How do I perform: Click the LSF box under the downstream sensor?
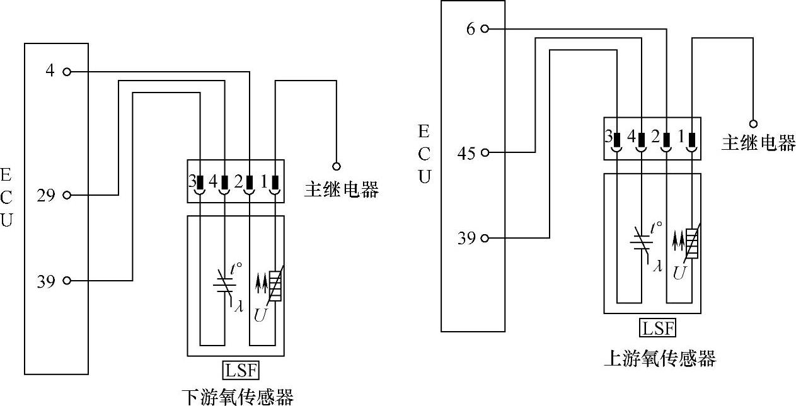click(x=240, y=369)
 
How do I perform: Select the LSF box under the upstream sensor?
click(x=657, y=328)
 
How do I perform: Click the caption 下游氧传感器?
click(x=237, y=397)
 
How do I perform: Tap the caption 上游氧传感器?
click(x=660, y=359)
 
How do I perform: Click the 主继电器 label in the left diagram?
click(x=341, y=189)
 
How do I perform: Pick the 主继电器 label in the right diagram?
click(x=758, y=143)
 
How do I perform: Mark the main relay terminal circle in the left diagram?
click(x=337, y=166)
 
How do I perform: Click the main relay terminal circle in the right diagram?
click(x=753, y=123)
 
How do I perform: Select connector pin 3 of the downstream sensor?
click(x=199, y=184)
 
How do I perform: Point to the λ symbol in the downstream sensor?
click(x=238, y=307)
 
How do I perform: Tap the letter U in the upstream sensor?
click(x=678, y=273)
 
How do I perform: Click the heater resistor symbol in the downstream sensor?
click(x=275, y=286)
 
